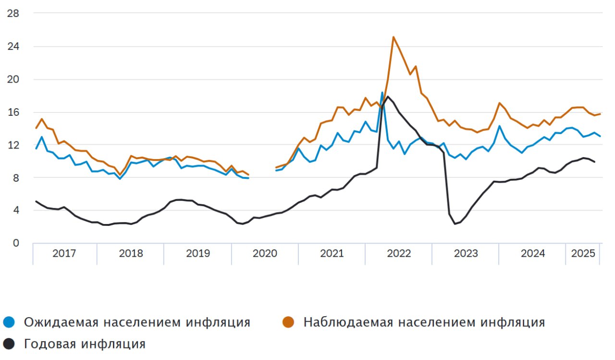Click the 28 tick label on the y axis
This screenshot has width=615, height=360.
(x=13, y=13)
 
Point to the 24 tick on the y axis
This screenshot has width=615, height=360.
(x=13, y=47)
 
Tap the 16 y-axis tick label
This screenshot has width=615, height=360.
(x=13, y=112)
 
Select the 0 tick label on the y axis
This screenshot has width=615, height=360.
(x=16, y=243)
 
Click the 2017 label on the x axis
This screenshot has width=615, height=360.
(x=64, y=253)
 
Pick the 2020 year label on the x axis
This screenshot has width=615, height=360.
(x=265, y=253)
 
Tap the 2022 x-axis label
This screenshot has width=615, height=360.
(x=399, y=253)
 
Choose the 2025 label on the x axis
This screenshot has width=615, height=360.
(x=583, y=253)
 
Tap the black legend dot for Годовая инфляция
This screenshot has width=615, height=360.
(x=9, y=344)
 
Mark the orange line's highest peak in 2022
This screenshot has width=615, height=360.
(x=394, y=37)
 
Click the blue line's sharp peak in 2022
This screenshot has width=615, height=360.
(x=382, y=92)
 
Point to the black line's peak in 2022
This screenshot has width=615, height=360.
(x=388, y=97)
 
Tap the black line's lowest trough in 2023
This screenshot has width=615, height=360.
(x=455, y=224)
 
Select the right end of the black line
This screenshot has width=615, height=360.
(x=594, y=161)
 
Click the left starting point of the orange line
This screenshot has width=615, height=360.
(x=36, y=128)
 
